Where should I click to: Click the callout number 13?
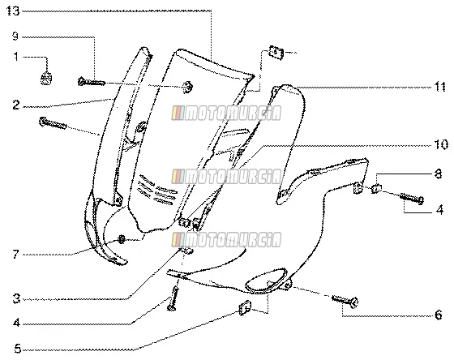coord(13,11)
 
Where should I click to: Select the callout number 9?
coord(15,36)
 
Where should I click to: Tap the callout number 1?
coord(16,57)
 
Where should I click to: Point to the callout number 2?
coord(16,105)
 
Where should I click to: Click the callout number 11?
coord(439,87)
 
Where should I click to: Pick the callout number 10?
coord(441,144)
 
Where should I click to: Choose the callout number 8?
coord(439,174)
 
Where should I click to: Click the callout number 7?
coord(16,255)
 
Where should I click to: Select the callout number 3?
coord(16,298)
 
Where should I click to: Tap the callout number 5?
coord(18,349)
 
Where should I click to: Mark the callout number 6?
coord(439,315)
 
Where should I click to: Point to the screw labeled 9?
coord(91,82)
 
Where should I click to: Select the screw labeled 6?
coord(345,301)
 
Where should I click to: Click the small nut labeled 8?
coord(376,189)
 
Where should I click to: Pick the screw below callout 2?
coord(53,122)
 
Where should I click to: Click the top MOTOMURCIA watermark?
coord(226,113)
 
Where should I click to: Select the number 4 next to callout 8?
coord(439,210)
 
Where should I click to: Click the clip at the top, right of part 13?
coord(276,53)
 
